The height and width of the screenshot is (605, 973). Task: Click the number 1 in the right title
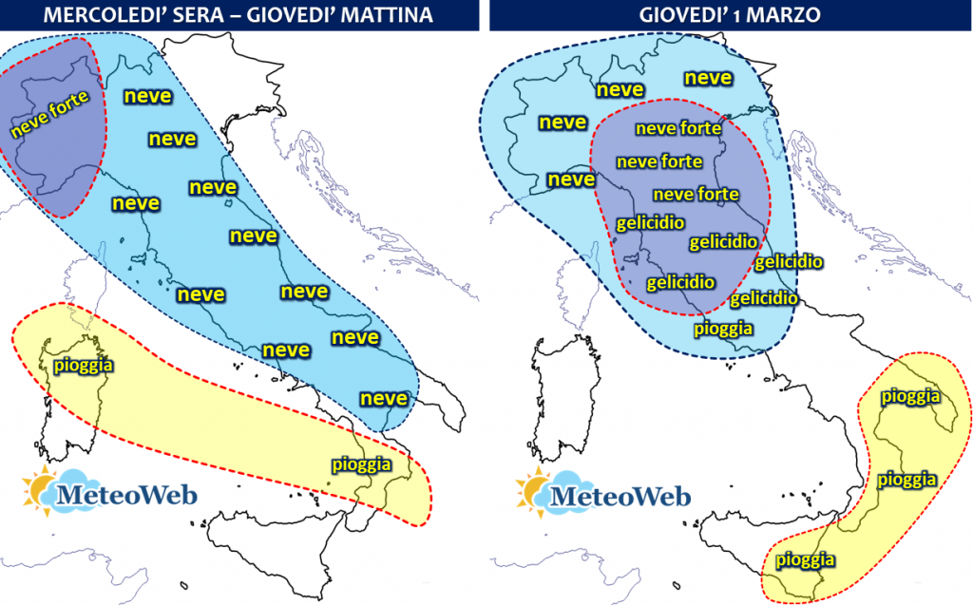[x=733, y=16]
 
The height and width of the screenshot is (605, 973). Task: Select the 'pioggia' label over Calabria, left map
[x=361, y=464]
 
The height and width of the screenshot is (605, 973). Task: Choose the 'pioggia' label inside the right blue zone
[x=724, y=329]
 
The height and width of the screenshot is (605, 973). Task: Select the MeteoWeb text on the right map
[x=622, y=495]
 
